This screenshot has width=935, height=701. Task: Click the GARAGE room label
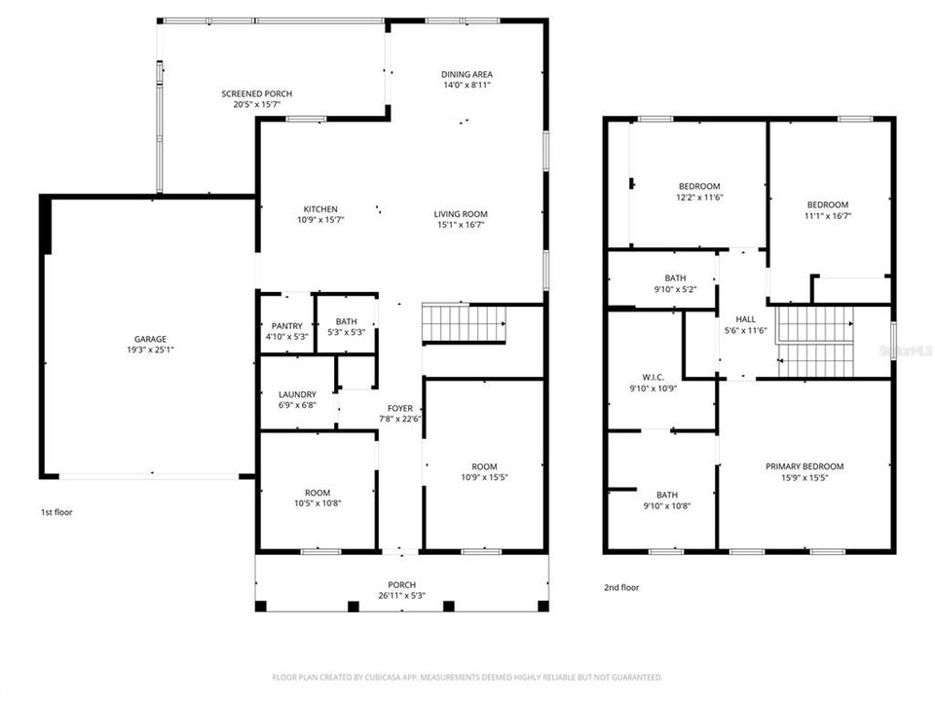150,339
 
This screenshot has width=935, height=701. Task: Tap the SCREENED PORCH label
256,93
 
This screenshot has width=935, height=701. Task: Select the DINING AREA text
467,74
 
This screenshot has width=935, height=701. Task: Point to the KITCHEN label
320,209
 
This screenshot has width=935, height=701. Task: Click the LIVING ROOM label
461,214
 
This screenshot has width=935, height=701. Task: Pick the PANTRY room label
286,326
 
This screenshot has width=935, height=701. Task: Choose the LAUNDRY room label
297,394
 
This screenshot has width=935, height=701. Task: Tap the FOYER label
400,409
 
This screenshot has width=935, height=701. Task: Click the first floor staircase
464,322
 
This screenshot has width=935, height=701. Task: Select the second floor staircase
815,341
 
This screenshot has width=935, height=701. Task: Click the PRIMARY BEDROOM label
804,466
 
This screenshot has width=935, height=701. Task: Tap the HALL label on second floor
745,318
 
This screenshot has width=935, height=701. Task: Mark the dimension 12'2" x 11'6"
699,198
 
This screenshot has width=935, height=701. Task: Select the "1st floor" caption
56,512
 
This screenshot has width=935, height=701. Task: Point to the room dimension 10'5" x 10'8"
317,503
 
